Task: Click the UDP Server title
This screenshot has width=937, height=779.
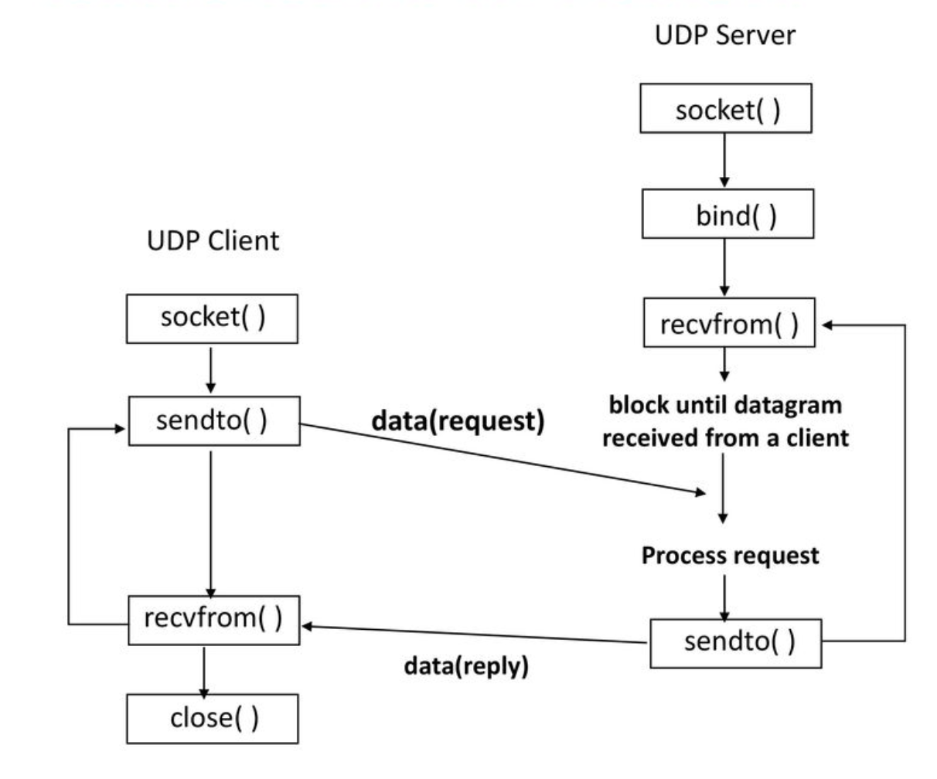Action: (724, 35)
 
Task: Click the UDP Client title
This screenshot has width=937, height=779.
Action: (213, 240)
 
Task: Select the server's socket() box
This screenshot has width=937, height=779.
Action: (726, 109)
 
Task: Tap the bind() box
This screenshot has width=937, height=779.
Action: (727, 214)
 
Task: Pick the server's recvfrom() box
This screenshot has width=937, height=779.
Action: (729, 323)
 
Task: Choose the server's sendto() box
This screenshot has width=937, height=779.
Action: (735, 642)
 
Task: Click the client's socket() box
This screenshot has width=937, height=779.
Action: (212, 318)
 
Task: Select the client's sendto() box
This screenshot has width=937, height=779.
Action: (213, 421)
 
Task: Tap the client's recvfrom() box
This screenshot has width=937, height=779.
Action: (213, 619)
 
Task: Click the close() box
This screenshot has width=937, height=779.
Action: (212, 719)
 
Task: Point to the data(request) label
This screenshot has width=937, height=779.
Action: (458, 420)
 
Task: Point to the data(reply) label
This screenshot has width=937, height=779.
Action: (466, 665)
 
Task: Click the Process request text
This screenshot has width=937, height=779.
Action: (730, 556)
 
